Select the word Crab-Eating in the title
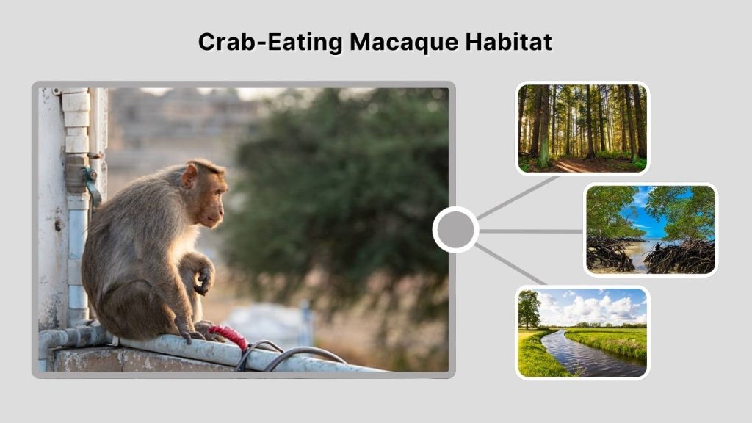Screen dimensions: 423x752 point(270,42)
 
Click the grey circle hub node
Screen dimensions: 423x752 point(455,231)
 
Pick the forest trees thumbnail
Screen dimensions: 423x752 point(582,128)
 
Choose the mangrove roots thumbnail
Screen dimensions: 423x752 point(651,229)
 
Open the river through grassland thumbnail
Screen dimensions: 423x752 point(582,332)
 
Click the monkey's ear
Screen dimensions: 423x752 point(189,176)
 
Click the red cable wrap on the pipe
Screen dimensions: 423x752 point(228,336)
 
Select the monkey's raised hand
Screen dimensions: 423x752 point(202,281)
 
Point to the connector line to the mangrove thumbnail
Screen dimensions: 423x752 point(531,231)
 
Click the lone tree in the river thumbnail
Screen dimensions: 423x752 point(528,307)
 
